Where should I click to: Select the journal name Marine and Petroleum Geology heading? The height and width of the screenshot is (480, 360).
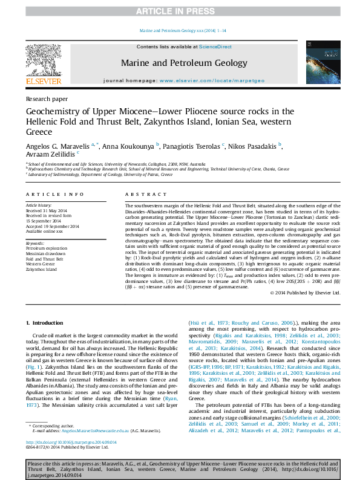click(x=184, y=63)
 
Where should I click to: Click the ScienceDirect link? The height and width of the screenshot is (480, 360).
click(x=215, y=47)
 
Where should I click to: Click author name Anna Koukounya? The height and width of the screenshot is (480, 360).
click(x=128, y=147)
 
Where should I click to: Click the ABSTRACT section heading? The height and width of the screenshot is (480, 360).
click(x=142, y=194)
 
